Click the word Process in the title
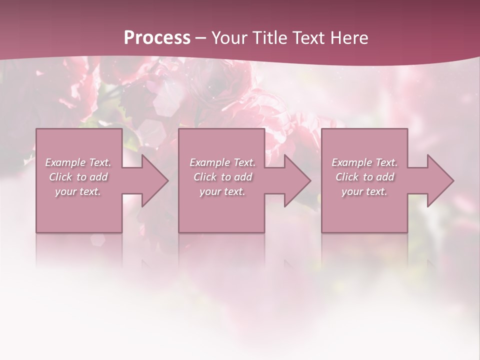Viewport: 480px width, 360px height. pyautogui.click(x=157, y=38)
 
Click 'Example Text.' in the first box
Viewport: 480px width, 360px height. pyautogui.click(x=78, y=162)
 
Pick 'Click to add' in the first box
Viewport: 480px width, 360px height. pyautogui.click(x=78, y=177)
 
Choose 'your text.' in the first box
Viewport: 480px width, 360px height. pyautogui.click(x=78, y=191)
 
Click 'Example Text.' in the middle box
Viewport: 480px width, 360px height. pyautogui.click(x=222, y=162)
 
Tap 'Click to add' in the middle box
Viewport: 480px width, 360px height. pyautogui.click(x=222, y=177)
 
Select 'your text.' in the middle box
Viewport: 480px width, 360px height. pyautogui.click(x=222, y=191)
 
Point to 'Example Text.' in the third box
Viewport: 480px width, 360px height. pyautogui.click(x=364, y=162)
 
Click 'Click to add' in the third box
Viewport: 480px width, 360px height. pyautogui.click(x=364, y=177)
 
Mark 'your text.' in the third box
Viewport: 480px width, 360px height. pyautogui.click(x=364, y=191)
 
